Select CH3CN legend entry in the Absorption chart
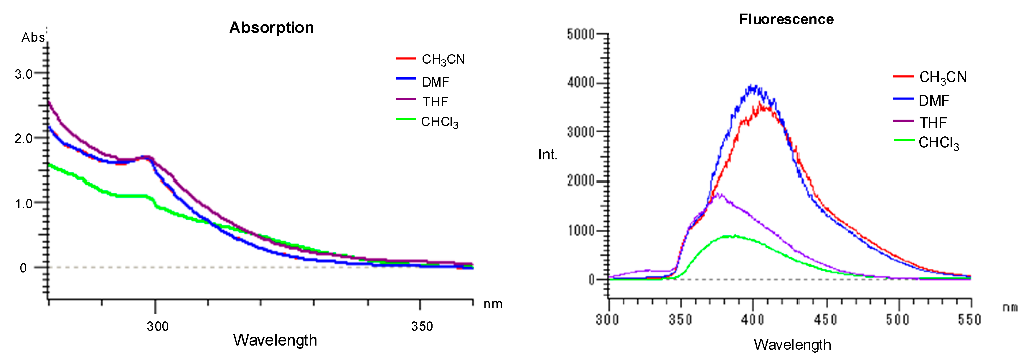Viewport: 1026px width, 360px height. click(x=443, y=59)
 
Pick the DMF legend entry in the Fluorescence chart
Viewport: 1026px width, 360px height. click(x=933, y=101)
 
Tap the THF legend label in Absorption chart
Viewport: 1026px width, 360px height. click(x=435, y=102)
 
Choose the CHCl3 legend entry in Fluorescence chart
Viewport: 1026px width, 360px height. click(x=938, y=143)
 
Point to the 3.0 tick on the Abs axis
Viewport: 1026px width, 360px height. click(x=24, y=74)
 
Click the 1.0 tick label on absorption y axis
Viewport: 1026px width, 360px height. click(x=24, y=204)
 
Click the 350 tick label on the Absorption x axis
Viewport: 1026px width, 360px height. click(x=422, y=326)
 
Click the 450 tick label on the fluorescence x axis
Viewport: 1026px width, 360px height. click(x=826, y=319)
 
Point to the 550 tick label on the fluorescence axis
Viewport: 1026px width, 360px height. click(x=969, y=319)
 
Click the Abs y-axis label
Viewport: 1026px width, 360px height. click(x=33, y=37)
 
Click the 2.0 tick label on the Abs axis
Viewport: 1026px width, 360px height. click(x=24, y=138)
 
